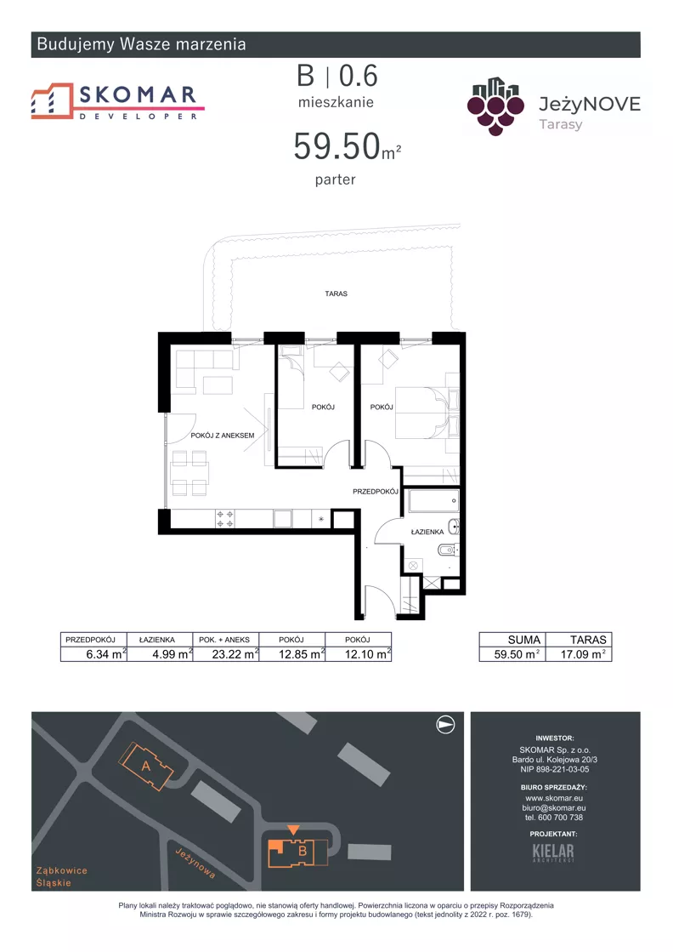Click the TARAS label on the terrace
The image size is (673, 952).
coord(336,294)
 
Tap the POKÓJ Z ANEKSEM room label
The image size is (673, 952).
coord(223,436)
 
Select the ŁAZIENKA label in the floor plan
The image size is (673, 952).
coord(427,532)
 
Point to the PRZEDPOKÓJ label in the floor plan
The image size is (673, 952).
coord(376,491)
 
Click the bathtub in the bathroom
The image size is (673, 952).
coord(433,501)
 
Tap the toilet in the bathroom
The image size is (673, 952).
coord(448,550)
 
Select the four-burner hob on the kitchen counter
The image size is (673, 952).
coord(224,518)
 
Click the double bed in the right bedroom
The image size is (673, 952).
coord(427,413)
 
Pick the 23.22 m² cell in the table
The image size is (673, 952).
coord(225,654)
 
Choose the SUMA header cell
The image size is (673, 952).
coord(523,640)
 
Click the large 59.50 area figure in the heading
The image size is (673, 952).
coord(337,146)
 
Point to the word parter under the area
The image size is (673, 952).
coord(336,180)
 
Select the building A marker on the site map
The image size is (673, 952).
coord(145,767)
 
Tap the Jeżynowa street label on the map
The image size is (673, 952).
coord(195,863)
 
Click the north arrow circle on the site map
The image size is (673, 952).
coord(445,724)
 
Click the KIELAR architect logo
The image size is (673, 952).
coord(553,852)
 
